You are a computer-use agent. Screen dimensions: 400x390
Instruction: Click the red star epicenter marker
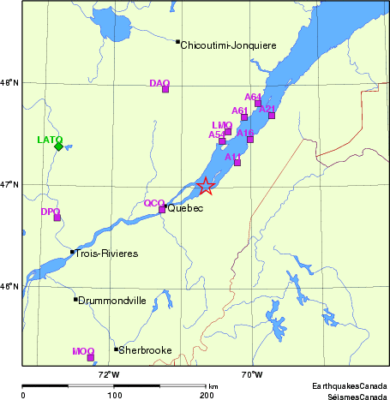point(206,187)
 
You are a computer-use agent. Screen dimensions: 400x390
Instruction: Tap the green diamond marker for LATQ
point(58,146)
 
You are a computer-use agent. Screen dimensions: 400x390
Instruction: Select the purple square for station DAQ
point(165,89)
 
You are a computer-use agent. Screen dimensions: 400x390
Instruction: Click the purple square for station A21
point(272,115)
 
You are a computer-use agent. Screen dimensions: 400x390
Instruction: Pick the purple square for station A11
point(237,162)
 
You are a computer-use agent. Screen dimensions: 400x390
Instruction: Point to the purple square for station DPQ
point(57,218)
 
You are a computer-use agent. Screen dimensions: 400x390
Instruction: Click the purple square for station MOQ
point(91,358)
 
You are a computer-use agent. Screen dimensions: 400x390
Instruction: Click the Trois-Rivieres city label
point(106,254)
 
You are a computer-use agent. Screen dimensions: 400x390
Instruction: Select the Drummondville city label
point(112,301)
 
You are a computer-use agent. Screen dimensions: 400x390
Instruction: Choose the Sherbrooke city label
point(147,350)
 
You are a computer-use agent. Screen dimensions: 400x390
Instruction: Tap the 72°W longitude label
point(109,373)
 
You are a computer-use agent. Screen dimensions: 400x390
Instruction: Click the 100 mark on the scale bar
point(114,396)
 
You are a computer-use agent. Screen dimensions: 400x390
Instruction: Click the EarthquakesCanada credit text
point(349,387)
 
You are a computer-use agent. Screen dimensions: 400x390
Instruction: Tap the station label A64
point(254,97)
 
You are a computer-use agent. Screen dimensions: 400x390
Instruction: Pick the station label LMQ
point(221,125)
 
